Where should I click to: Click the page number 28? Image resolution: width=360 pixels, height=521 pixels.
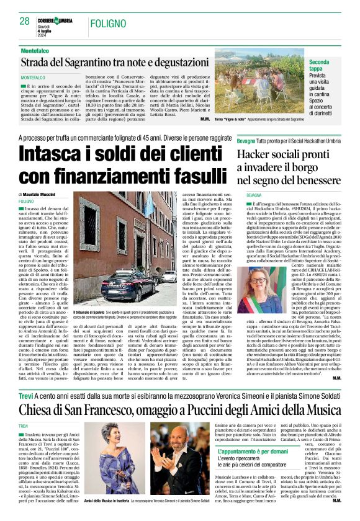24,20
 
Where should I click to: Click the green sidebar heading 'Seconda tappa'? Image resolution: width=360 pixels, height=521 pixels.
328,66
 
